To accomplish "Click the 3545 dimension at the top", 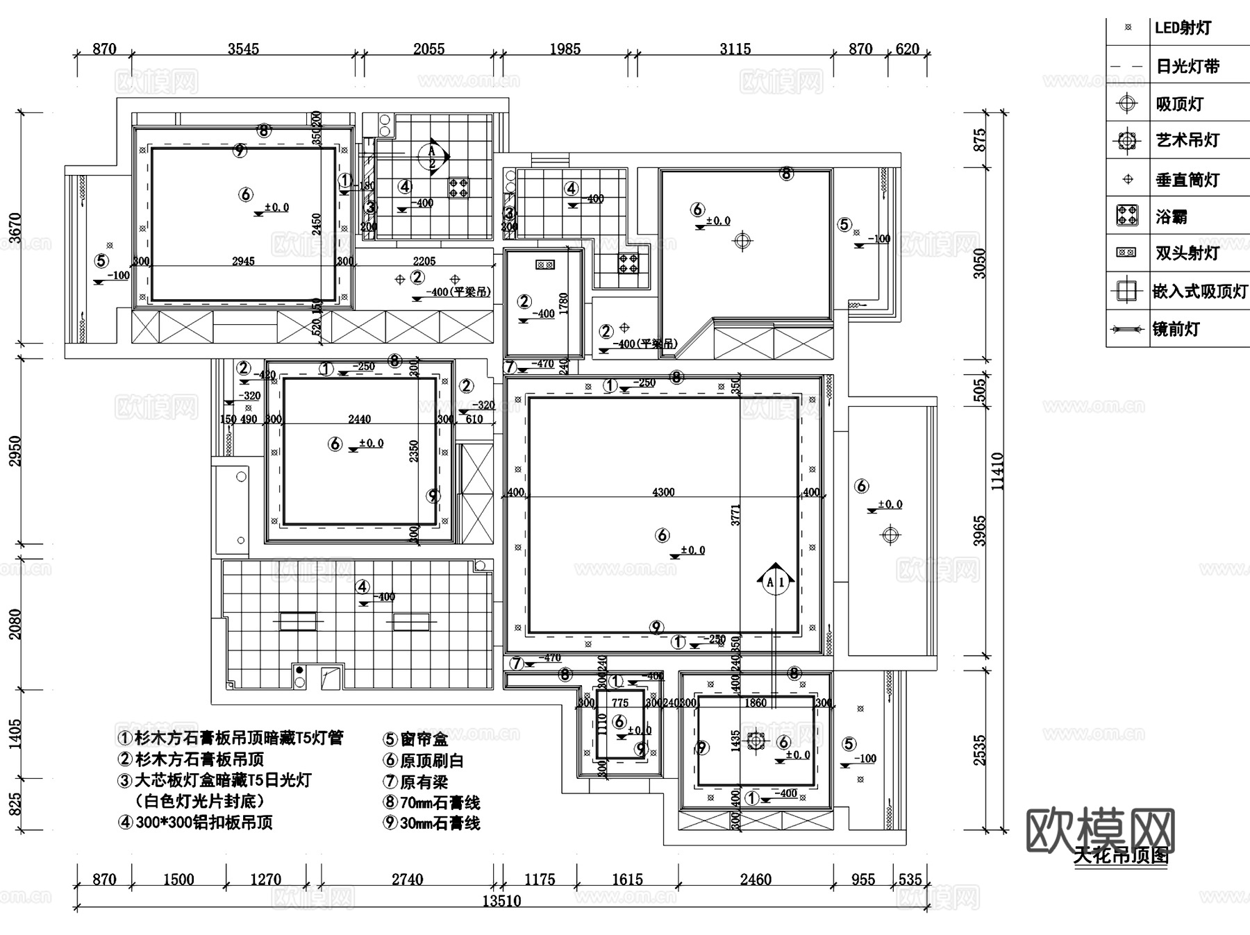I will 243,49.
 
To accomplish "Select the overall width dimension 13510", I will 501,900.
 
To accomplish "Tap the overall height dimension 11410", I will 997,471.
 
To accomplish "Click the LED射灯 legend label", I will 1183,28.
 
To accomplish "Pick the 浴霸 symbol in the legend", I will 1126,216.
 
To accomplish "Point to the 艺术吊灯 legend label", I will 1187,141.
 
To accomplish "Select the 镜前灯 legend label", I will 1176,329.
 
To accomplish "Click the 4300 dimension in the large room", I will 663,492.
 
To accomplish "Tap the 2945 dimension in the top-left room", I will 243,262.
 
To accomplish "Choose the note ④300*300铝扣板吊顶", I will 196,823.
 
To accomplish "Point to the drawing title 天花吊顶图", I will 1121,856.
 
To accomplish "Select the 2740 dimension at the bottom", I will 407,879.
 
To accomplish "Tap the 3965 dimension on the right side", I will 979,530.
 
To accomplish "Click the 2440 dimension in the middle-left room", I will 359,419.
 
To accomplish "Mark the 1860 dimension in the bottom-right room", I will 755,703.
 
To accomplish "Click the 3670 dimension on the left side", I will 15,229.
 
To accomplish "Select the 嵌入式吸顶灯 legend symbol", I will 1126,290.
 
